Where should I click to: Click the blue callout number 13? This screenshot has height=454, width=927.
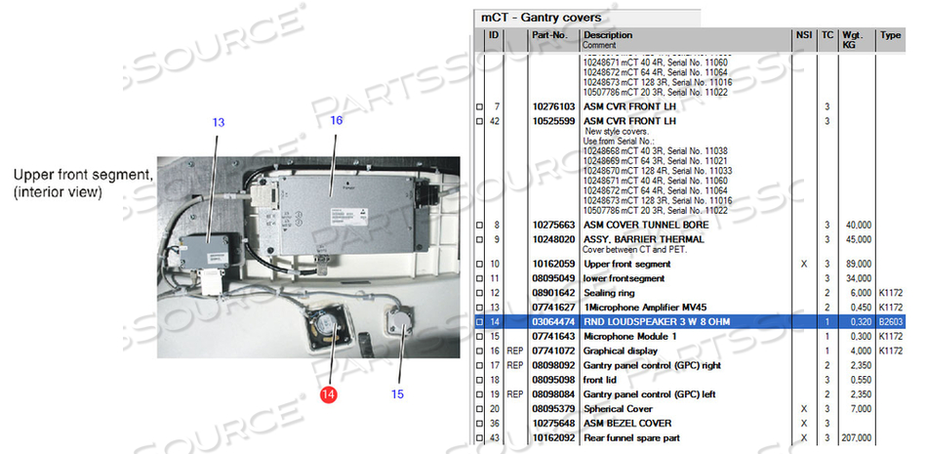tap(219, 123)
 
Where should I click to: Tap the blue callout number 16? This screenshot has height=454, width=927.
tap(336, 120)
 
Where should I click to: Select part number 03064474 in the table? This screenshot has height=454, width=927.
tap(552, 321)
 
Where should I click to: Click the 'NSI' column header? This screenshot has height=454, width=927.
tap(803, 35)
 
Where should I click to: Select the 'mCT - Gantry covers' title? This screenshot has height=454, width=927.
tap(541, 18)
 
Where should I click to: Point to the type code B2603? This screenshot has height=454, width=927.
tap(891, 321)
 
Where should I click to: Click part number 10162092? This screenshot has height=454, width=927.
tap(552, 438)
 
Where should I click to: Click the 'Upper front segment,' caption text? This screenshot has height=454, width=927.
tap(83, 176)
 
